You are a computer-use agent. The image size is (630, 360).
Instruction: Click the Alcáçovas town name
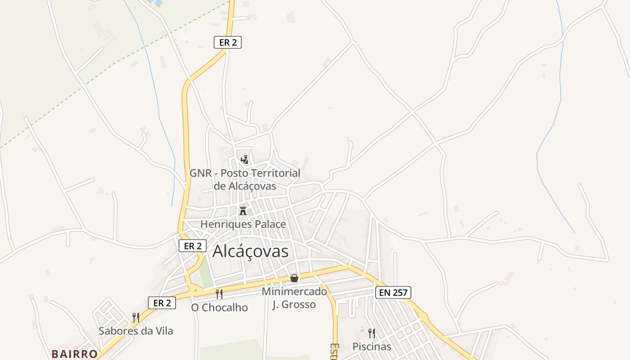click(x=250, y=251)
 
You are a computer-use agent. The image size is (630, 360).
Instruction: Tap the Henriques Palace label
click(x=243, y=224)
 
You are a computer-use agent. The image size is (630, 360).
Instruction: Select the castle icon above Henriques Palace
click(x=243, y=211)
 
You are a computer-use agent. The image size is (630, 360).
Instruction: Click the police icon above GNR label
click(x=244, y=159)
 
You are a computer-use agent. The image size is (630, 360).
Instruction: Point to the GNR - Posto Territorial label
click(x=244, y=179)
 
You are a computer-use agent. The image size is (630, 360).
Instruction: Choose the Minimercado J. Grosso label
click(x=294, y=298)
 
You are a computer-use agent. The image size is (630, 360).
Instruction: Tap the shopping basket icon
click(x=294, y=278)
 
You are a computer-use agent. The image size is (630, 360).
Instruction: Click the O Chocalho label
click(x=219, y=307)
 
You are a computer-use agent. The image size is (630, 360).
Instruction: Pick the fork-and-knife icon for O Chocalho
click(x=219, y=294)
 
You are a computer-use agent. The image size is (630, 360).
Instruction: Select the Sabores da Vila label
click(x=135, y=331)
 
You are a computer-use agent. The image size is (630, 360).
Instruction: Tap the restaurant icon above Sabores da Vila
click(x=135, y=317)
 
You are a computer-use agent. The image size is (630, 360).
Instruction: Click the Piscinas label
click(x=372, y=346)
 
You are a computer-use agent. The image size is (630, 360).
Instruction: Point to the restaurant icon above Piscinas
click(x=372, y=333)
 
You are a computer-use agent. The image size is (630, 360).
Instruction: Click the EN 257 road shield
click(x=393, y=292)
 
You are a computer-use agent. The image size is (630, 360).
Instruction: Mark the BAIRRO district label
click(x=74, y=354)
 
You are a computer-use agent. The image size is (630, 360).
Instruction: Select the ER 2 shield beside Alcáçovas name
click(x=193, y=246)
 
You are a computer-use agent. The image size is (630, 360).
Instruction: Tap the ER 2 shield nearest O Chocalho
click(x=162, y=303)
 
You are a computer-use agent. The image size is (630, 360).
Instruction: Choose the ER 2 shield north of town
click(x=228, y=42)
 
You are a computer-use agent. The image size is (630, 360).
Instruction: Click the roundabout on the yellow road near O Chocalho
click(x=195, y=291)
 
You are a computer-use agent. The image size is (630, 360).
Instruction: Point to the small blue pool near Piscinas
click(x=363, y=330)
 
